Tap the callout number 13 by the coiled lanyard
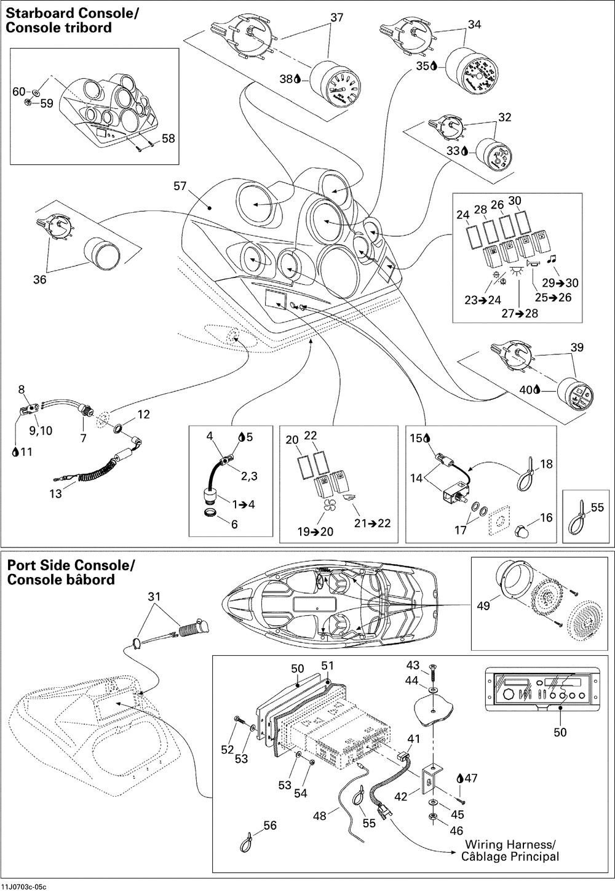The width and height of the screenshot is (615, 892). (56, 493)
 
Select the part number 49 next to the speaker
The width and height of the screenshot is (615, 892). (483, 606)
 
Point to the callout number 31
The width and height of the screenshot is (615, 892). (154, 597)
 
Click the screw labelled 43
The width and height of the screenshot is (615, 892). (434, 671)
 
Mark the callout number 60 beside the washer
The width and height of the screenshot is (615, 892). (19, 92)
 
